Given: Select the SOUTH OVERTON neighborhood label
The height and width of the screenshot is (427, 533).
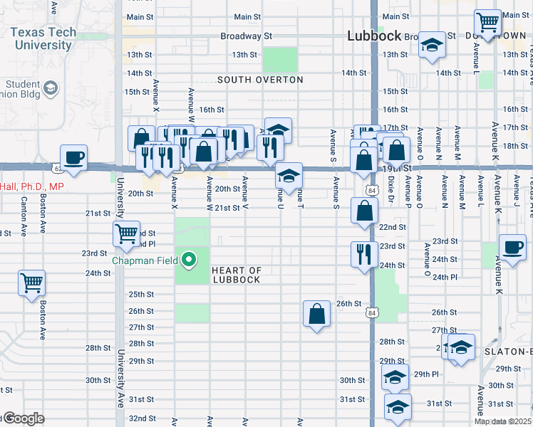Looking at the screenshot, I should (260, 80).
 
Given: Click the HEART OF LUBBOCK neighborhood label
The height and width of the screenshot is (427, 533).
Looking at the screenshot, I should (237, 275).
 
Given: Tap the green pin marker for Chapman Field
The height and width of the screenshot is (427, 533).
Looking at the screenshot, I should (189, 260).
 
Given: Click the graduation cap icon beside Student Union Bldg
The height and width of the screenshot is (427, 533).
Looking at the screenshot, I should (51, 88).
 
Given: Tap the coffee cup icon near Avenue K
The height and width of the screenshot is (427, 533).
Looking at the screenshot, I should (512, 248).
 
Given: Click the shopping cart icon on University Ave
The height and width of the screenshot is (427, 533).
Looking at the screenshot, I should (126, 233).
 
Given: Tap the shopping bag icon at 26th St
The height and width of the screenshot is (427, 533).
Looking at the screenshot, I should (316, 313).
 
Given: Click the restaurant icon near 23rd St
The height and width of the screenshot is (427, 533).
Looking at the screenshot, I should (364, 254).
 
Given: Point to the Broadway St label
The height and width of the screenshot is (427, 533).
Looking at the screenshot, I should (247, 36).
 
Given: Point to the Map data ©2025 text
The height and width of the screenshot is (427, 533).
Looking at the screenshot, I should (502, 421).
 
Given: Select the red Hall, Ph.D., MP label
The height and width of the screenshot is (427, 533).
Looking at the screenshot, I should (32, 186).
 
